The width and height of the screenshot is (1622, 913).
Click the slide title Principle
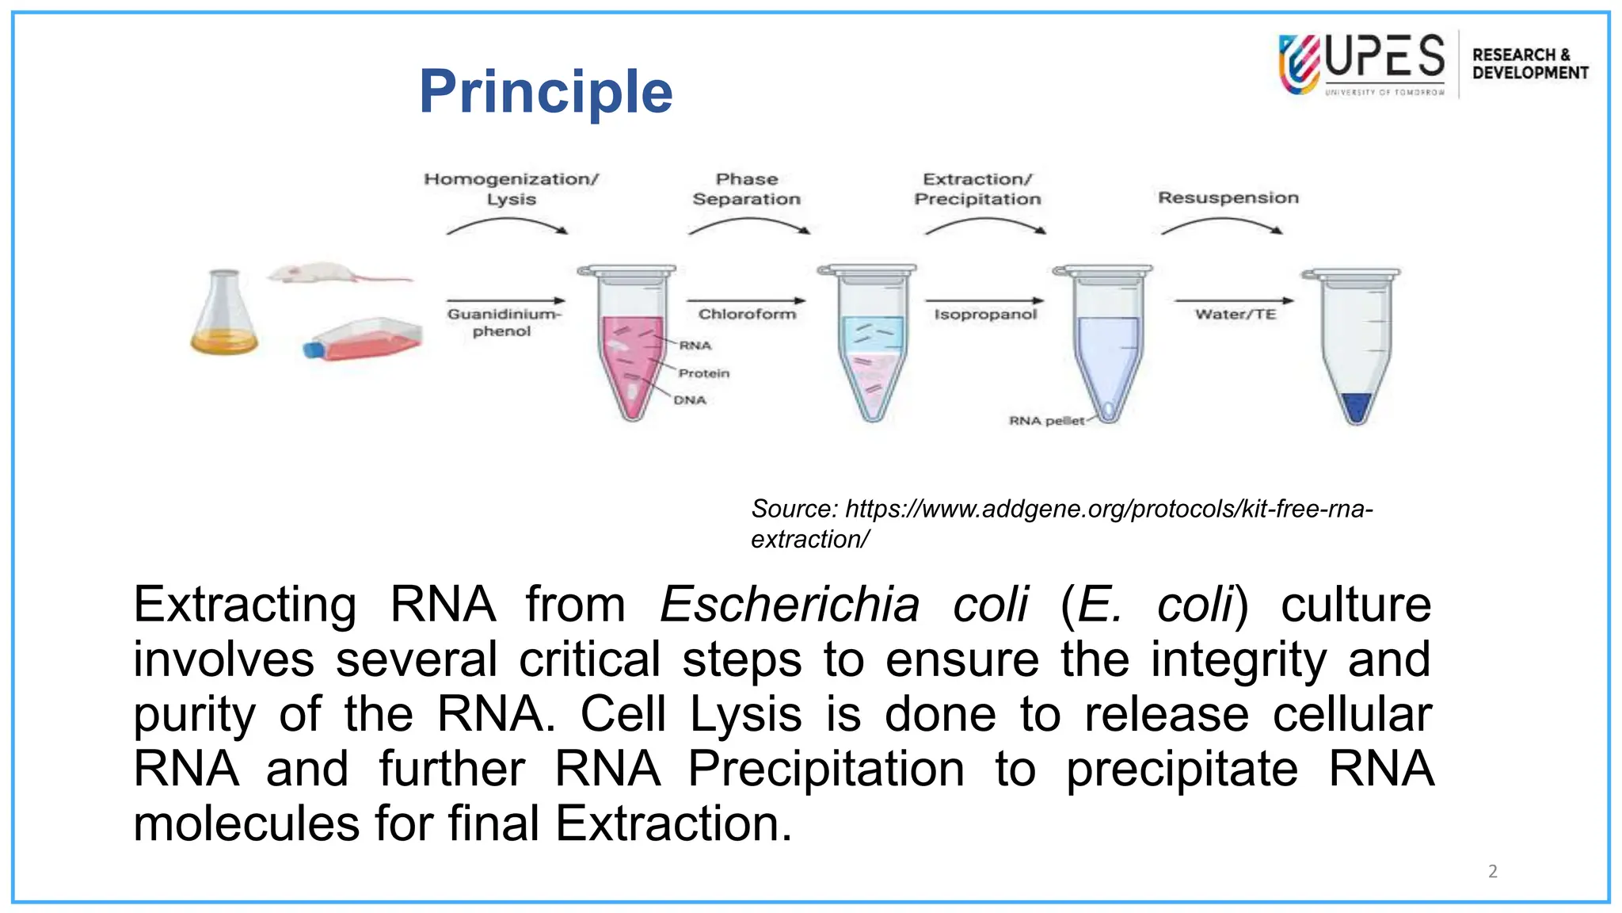coord(546,92)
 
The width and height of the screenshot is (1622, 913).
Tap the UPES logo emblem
coord(1299,63)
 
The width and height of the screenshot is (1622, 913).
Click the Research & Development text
coord(1529,63)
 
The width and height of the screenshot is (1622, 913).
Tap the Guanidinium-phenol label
coord(503,323)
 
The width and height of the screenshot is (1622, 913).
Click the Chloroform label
coord(747,315)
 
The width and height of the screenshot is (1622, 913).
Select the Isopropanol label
coord(984,315)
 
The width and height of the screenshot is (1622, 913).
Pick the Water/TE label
coord(1236,315)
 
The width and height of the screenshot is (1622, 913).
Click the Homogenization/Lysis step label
coord(512,189)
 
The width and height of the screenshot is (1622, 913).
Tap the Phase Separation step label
coord(746,189)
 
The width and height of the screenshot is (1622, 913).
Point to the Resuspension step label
coord(1228,197)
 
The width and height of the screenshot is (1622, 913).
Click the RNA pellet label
coord(1045,421)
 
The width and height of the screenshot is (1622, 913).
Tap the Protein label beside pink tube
coord(703,373)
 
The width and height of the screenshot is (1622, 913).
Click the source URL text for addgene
coord(1061,523)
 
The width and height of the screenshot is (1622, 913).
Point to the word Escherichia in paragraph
coord(789,605)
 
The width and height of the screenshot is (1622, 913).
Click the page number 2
coord(1492,871)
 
